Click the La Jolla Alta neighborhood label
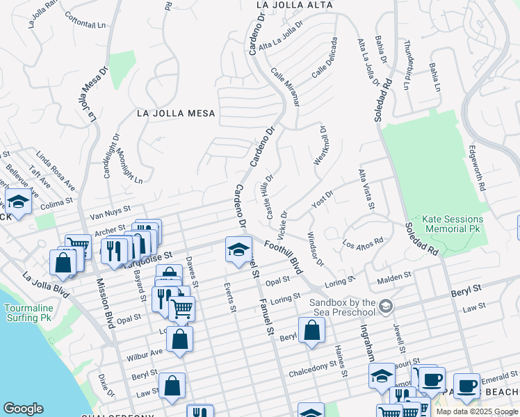294,5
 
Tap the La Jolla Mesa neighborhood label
176,113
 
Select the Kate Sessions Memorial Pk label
454,223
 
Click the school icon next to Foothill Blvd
238,250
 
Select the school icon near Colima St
18,203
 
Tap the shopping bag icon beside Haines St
312,331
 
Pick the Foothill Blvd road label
285,256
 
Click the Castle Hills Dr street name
267,197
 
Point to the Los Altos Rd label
363,243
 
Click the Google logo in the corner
23,409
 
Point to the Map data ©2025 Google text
477,411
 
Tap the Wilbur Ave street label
144,354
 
